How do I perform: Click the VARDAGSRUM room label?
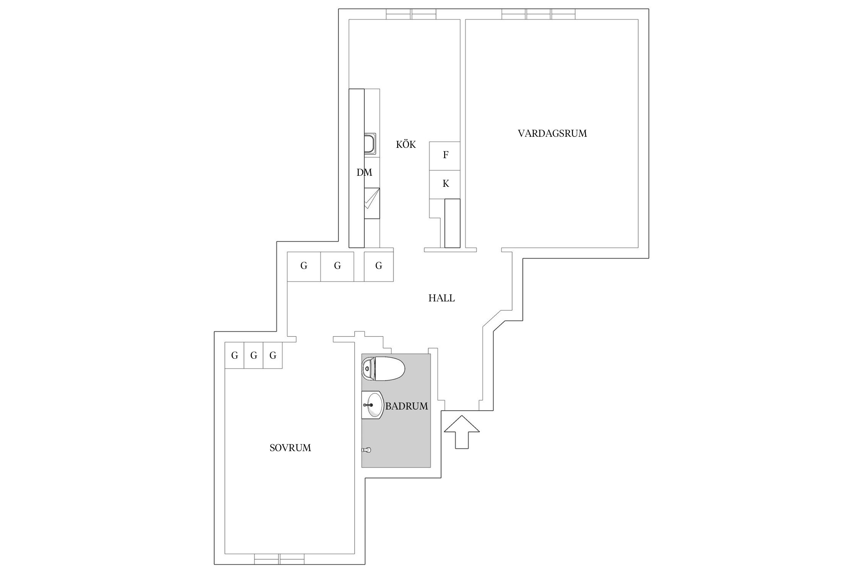(x=552, y=133)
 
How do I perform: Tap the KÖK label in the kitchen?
(x=406, y=145)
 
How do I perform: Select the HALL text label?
(x=441, y=298)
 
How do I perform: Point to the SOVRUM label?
(x=290, y=448)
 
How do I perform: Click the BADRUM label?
(x=406, y=406)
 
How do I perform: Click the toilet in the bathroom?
(x=383, y=369)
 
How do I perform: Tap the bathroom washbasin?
(x=372, y=405)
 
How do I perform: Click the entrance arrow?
(x=462, y=432)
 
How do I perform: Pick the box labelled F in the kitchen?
(x=445, y=155)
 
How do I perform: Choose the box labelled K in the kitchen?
(x=445, y=184)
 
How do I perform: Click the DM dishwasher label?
(x=364, y=173)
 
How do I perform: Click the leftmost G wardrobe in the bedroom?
(x=234, y=356)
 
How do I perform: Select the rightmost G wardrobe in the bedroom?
(x=273, y=356)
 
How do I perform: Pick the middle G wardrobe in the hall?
(x=337, y=266)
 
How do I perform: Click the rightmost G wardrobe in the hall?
(x=378, y=266)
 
